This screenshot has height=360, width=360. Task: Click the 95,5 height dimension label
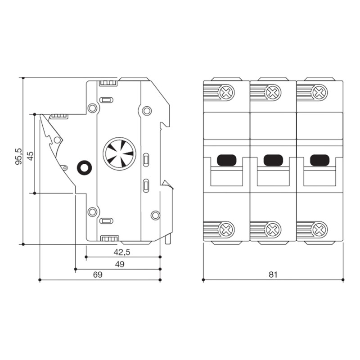point(19,156)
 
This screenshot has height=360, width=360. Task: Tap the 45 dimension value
point(30,156)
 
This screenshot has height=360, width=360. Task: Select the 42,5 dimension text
point(122,252)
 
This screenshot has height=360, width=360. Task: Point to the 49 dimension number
point(120,264)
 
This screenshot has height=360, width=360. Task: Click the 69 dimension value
point(98,274)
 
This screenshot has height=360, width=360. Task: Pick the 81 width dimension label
point(273,274)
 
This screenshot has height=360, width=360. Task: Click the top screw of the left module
point(227,93)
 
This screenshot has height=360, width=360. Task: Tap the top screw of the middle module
point(274,93)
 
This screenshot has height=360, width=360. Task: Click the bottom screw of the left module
point(227,229)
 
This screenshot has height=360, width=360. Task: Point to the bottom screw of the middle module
point(274,229)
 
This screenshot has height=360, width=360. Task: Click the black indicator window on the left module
point(227,160)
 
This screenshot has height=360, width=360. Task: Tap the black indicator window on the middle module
point(273,160)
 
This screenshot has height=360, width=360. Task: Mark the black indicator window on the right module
point(320,160)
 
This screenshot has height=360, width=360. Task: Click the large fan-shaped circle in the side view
point(119,154)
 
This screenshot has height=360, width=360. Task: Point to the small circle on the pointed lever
point(57,140)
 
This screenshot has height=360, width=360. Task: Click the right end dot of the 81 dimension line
point(343,280)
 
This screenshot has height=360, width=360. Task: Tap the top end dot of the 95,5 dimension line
point(23,78)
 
